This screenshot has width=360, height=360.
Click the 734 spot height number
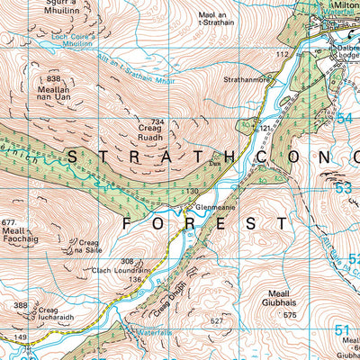(158, 121)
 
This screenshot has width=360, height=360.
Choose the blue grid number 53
(342, 189)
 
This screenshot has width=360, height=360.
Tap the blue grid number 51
(342, 331)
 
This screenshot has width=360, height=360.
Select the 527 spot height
(215, 320)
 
